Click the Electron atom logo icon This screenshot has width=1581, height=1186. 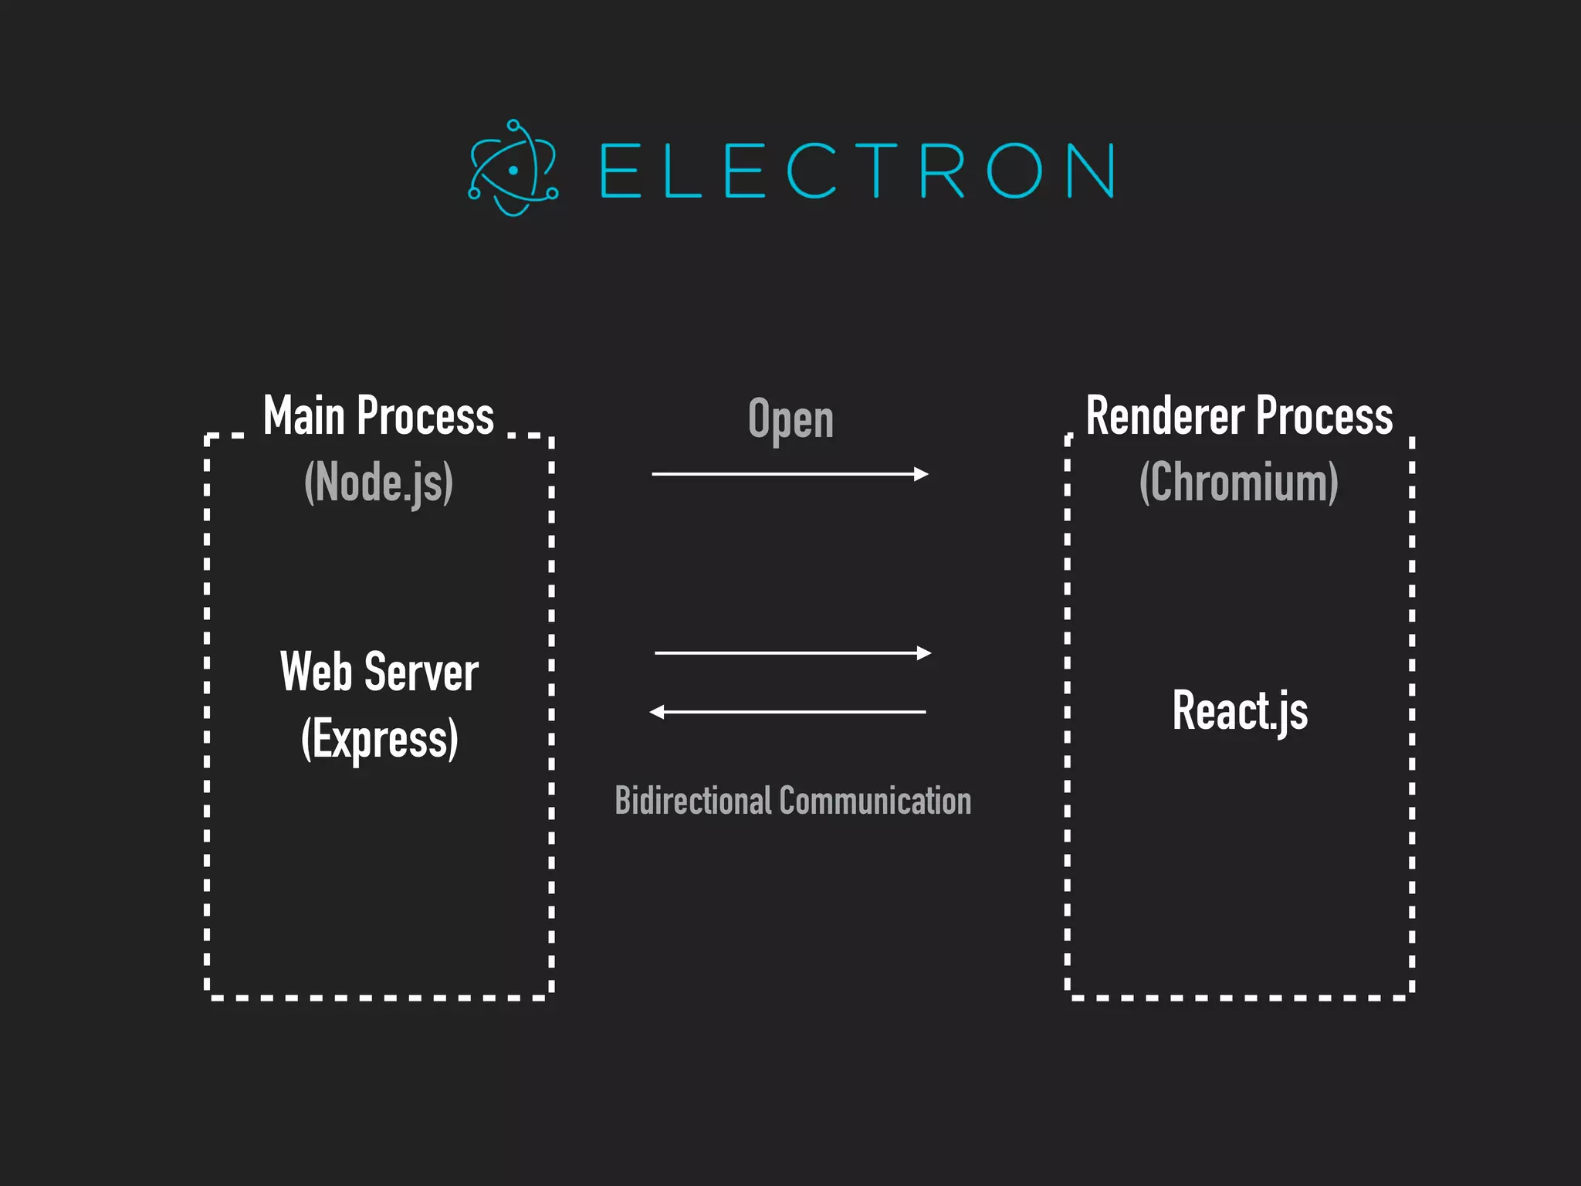[x=513, y=168]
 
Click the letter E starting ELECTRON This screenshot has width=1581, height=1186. [x=621, y=170]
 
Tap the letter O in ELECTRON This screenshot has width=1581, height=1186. [x=1014, y=170]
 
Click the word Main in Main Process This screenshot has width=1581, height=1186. [x=303, y=417]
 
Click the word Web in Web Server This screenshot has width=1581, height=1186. [x=316, y=672]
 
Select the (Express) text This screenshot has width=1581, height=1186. [x=379, y=739]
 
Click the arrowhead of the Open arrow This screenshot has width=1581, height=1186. [x=921, y=474]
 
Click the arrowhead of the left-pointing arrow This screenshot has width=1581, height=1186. [x=657, y=712]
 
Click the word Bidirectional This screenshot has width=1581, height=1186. [x=692, y=801]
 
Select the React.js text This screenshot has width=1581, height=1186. [x=1240, y=710]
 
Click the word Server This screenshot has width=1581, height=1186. [x=421, y=672]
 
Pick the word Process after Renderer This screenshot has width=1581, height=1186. [x=1324, y=417]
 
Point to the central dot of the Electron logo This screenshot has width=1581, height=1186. [x=513, y=170]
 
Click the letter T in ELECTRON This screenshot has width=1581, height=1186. [x=875, y=170]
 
